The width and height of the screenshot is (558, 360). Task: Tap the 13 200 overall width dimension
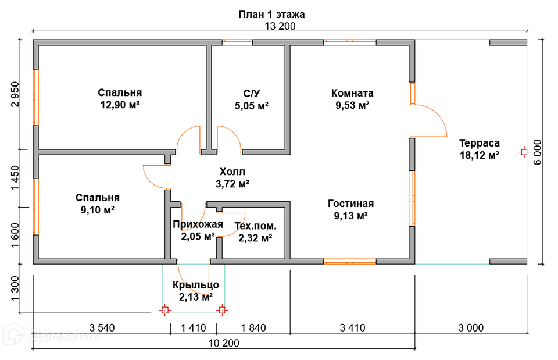click(x=280, y=26)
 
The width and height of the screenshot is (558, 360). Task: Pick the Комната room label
click(x=352, y=93)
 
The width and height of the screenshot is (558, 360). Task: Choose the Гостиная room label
click(x=350, y=204)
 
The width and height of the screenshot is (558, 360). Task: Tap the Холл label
click(x=233, y=172)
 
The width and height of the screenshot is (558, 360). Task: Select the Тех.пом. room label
click(x=255, y=226)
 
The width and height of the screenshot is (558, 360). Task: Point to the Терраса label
click(x=479, y=143)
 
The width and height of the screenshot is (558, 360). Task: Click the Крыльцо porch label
click(x=195, y=285)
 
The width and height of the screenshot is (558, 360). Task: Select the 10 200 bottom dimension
click(x=223, y=343)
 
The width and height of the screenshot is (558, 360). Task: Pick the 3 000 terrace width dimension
click(x=471, y=327)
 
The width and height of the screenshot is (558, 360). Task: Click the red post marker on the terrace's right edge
click(x=524, y=152)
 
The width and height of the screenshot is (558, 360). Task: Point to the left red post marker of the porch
click(x=165, y=310)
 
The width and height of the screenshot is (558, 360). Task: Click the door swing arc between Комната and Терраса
click(x=436, y=116)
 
